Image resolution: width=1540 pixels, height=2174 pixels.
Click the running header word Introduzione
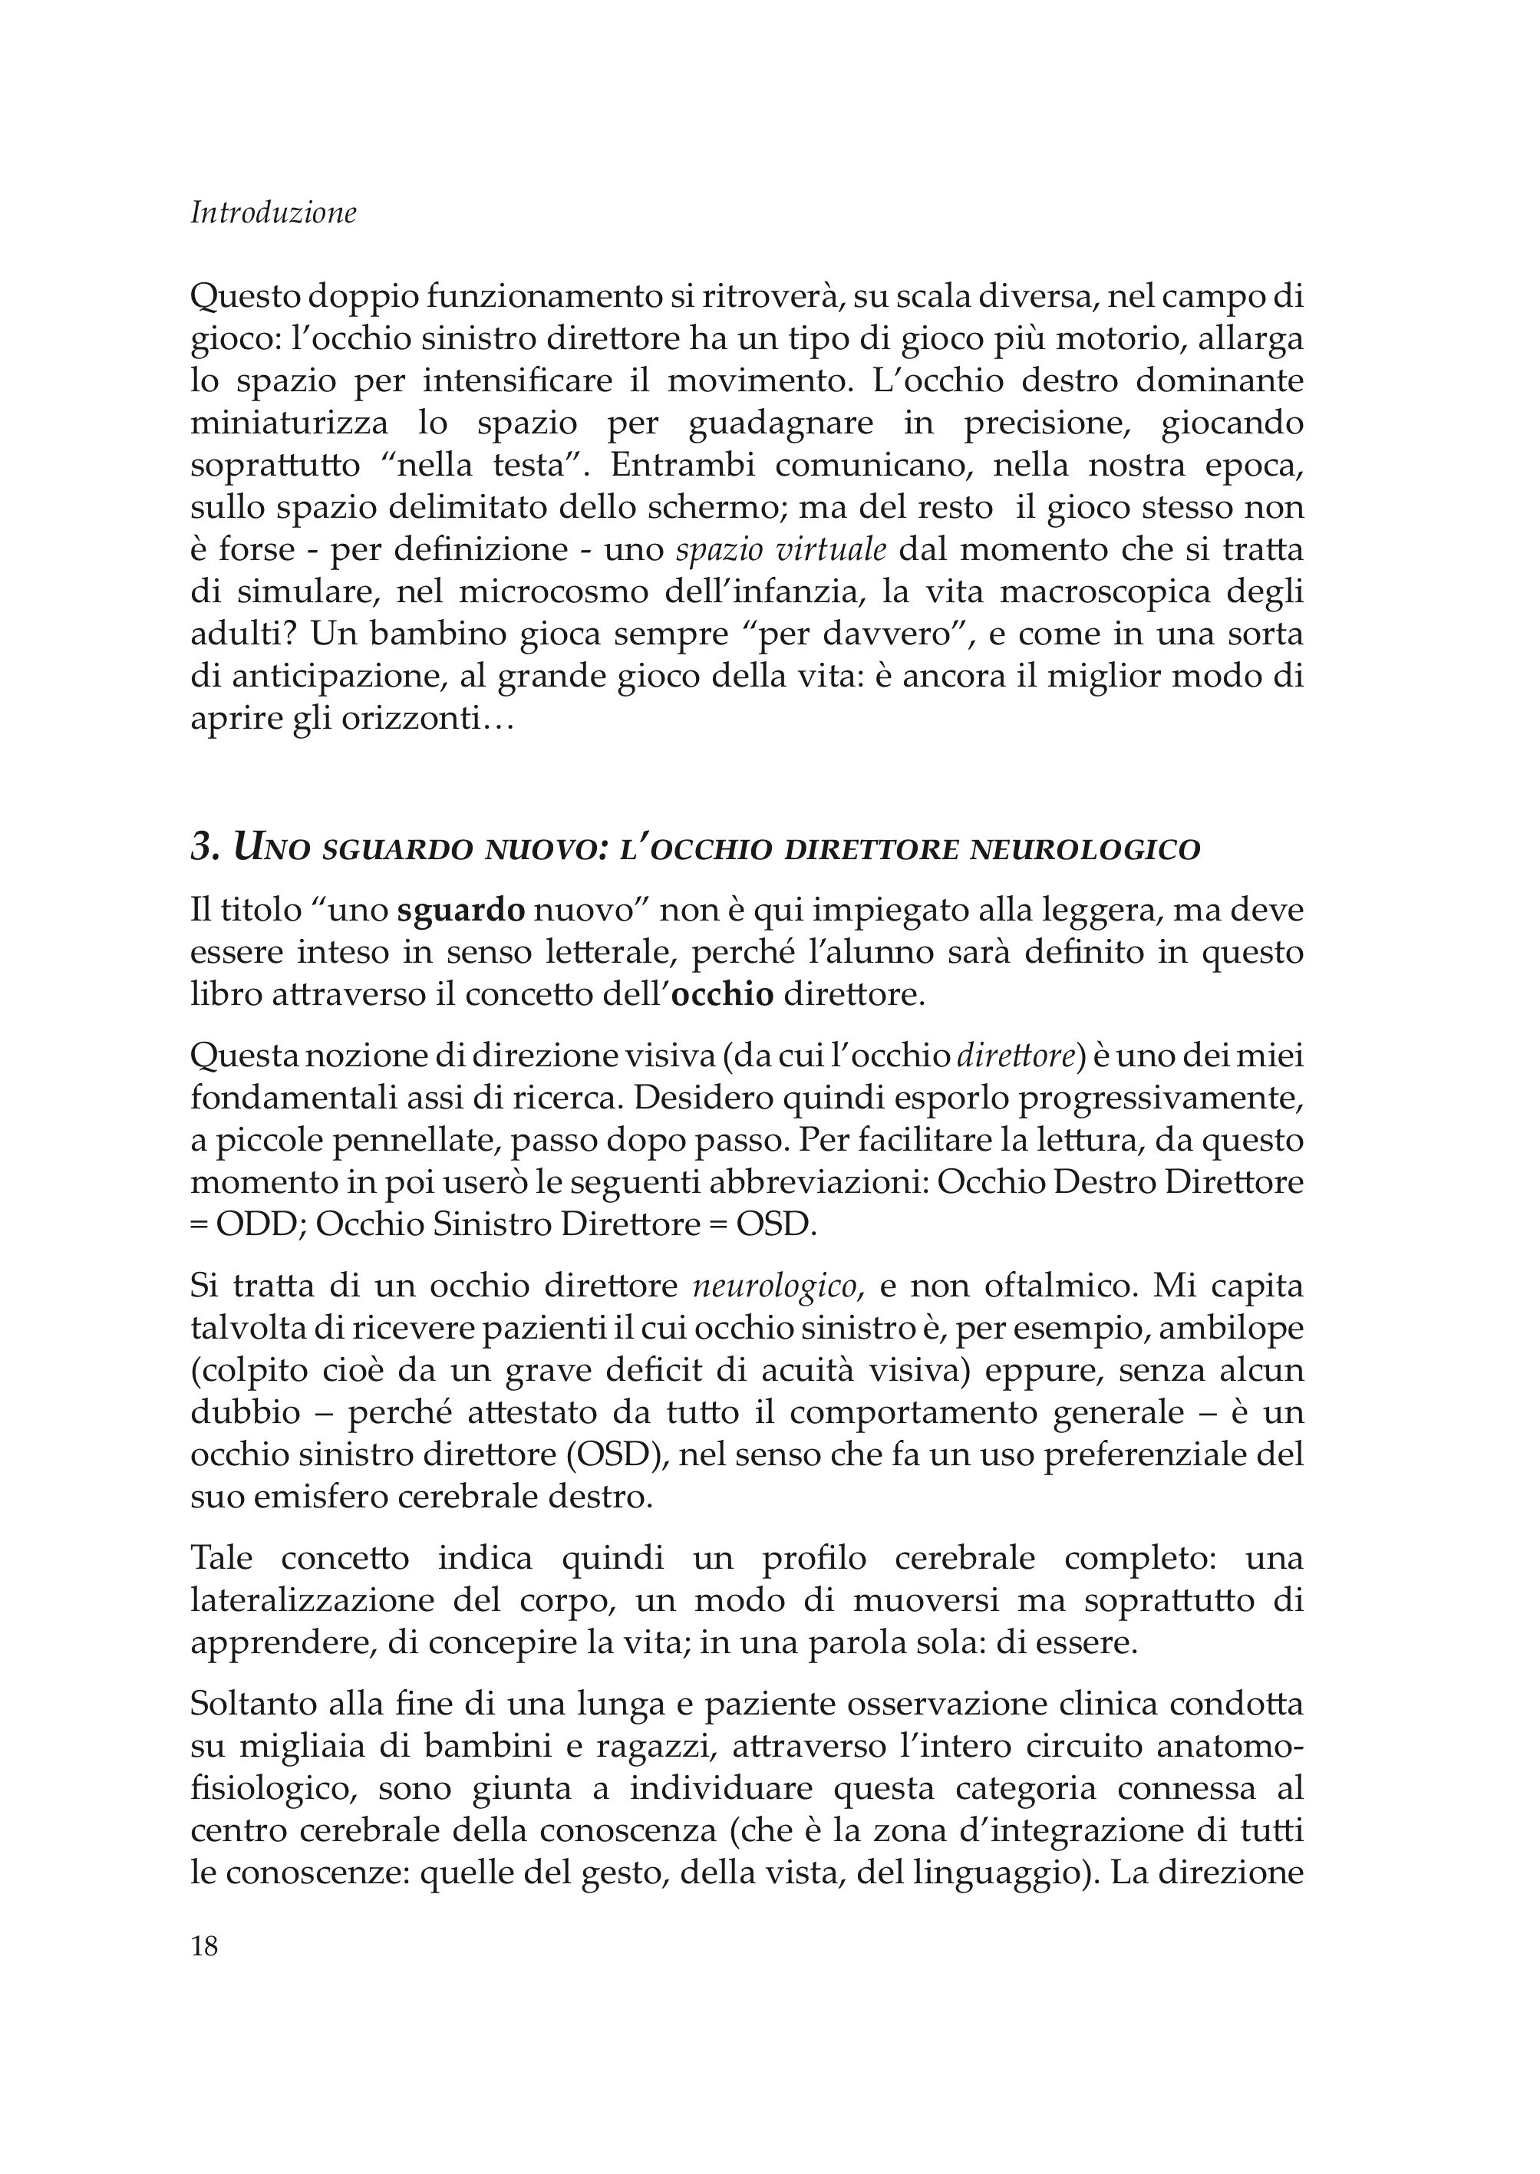tap(273, 213)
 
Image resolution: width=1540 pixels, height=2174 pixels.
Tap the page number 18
tap(205, 1948)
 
